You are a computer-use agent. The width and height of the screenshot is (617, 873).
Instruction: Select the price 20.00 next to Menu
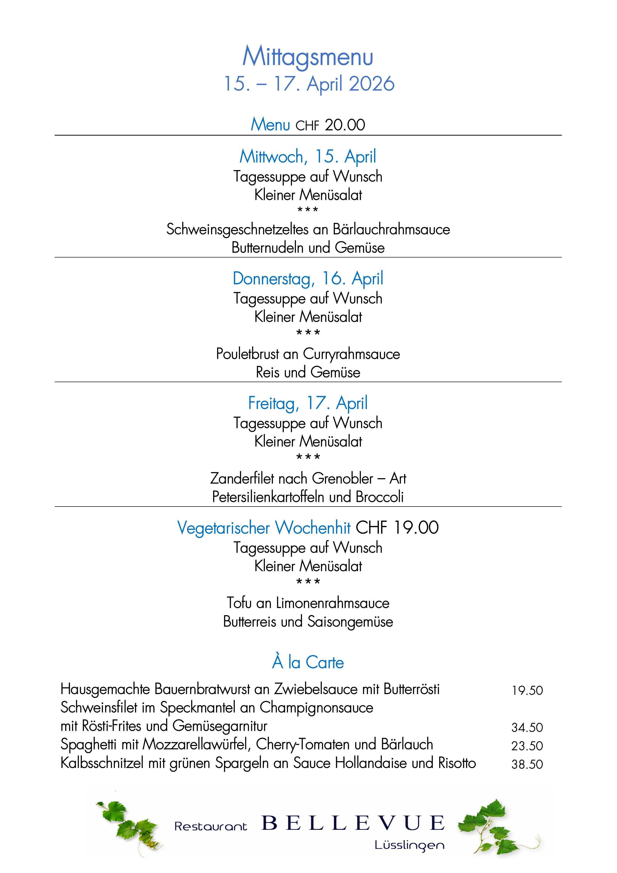point(345,125)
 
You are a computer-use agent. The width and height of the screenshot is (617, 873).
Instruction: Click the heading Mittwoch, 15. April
point(308,156)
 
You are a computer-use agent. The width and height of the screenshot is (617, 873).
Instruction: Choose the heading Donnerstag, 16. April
point(308,278)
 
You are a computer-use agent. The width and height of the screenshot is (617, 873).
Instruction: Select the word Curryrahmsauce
point(352,354)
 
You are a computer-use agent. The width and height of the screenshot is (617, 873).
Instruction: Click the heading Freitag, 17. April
point(308,403)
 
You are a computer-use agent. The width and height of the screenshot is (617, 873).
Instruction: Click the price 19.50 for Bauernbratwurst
point(527,690)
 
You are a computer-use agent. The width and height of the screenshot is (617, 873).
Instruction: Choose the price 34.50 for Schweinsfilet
point(527,727)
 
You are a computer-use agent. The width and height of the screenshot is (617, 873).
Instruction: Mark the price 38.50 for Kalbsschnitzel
point(527,764)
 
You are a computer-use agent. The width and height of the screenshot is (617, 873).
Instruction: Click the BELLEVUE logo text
point(353,823)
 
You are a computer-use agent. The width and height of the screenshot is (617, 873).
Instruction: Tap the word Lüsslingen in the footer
point(409,845)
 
